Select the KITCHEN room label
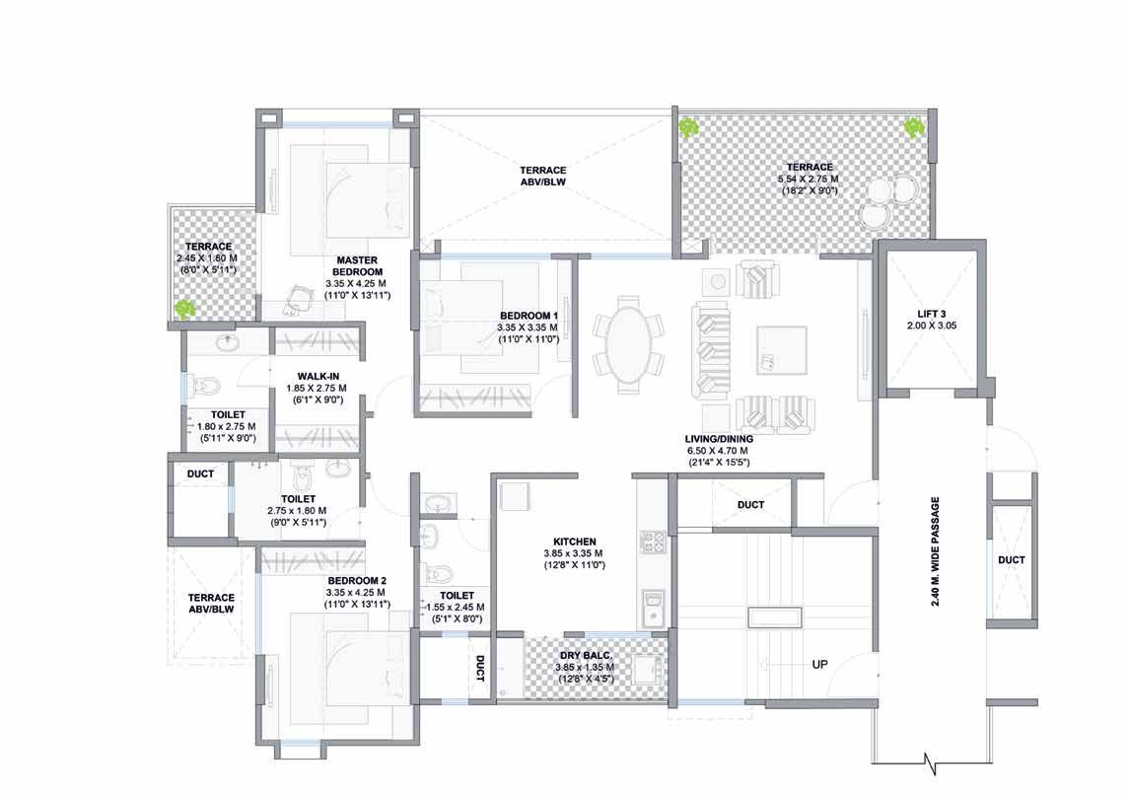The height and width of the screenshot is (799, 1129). [575, 542]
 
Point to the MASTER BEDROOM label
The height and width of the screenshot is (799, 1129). [357, 266]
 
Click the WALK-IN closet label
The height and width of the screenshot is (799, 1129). [318, 376]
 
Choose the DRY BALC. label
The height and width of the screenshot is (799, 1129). [586, 656]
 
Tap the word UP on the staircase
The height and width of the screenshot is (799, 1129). [820, 664]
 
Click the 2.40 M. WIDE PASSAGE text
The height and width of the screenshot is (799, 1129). [936, 551]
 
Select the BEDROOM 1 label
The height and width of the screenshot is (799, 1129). [529, 316]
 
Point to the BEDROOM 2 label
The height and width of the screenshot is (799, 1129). [357, 581]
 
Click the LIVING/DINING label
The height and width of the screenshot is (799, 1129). [719, 439]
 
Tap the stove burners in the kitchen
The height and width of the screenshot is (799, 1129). [653, 542]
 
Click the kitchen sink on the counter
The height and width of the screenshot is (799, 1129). [653, 607]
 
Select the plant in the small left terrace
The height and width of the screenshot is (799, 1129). [185, 309]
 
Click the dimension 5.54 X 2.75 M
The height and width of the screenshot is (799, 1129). [809, 179]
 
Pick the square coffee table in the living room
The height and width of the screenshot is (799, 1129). [781, 350]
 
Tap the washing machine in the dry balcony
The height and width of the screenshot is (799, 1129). [648, 670]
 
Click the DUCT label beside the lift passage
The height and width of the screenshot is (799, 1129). [1012, 560]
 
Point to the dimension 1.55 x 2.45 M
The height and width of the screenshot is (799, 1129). [456, 608]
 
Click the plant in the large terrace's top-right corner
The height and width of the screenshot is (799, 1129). [914, 128]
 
